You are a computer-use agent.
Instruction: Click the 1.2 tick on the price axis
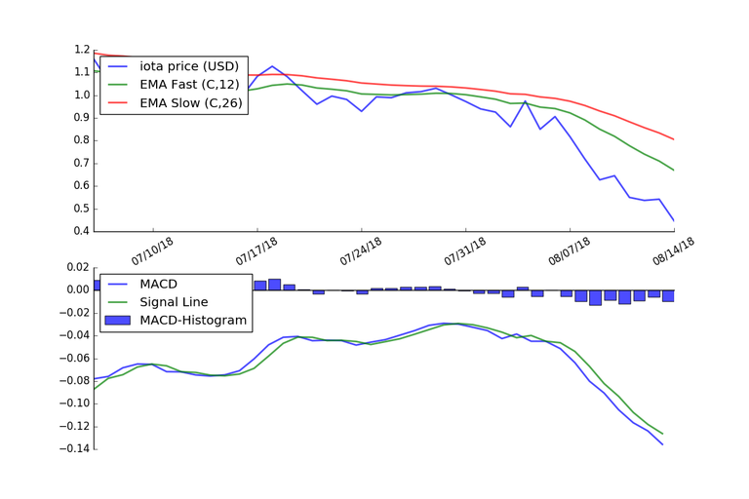pos(80,50)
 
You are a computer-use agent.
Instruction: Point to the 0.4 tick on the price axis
pos(80,232)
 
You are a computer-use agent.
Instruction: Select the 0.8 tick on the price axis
pos(80,140)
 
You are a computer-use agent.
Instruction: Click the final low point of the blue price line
pos(673,220)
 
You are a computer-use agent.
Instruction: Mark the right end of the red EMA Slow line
pos(673,139)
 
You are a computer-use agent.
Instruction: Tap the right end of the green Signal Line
pos(662,434)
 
